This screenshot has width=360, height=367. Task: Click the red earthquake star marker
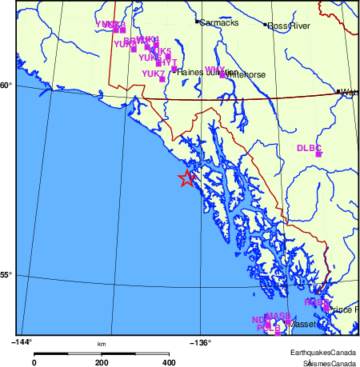point(186,178)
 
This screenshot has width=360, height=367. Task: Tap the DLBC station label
point(309,148)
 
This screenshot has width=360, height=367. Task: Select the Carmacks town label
point(218,23)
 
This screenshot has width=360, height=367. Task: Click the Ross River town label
point(289,26)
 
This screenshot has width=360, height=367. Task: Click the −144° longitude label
point(22,342)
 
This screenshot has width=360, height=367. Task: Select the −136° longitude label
point(199,342)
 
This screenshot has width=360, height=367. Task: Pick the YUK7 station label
point(153,74)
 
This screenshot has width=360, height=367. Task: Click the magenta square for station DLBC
point(318,154)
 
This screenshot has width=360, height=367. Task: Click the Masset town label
point(305,325)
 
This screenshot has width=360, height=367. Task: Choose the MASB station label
point(278,316)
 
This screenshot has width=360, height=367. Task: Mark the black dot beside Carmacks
point(198,22)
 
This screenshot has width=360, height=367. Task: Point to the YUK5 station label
point(160,51)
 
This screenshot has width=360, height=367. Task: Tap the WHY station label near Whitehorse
point(214,70)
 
